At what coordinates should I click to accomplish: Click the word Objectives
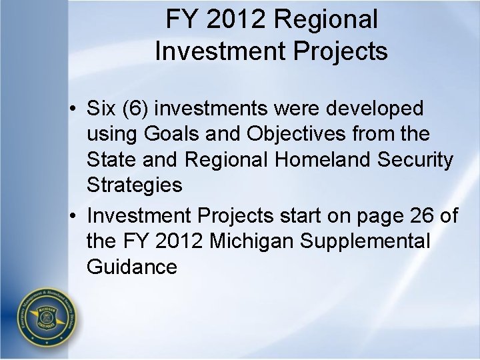[283, 133]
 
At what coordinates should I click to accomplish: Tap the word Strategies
[134, 185]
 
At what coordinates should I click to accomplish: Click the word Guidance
[131, 267]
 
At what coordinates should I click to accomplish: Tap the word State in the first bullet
[110, 159]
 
